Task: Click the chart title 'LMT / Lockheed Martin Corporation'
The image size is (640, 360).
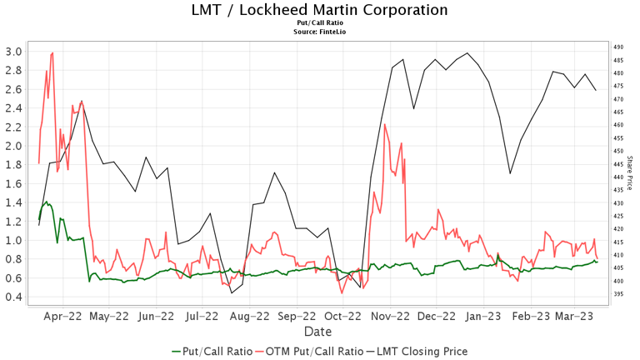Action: (x=319, y=10)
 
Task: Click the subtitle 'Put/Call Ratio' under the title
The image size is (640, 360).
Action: (x=319, y=23)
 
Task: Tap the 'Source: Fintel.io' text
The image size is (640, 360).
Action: (x=319, y=32)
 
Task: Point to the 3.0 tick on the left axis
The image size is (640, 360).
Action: (x=13, y=51)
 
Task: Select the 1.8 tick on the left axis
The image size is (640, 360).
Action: (x=13, y=165)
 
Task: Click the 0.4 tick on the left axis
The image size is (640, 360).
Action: (x=13, y=297)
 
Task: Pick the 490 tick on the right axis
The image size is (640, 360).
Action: (x=618, y=47)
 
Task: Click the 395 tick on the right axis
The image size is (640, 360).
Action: (x=618, y=294)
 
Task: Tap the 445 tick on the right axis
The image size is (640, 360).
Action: (x=618, y=164)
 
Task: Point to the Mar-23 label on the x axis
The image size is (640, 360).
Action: (x=574, y=317)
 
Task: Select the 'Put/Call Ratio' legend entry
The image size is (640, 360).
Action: (x=212, y=352)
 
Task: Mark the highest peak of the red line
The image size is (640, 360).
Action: (x=52, y=52)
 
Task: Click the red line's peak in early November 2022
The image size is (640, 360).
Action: (x=384, y=124)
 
